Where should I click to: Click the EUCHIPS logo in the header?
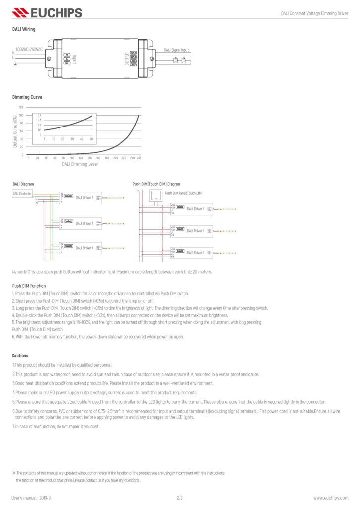47,12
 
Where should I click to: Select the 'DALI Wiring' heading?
24,29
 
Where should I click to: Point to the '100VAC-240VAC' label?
29,50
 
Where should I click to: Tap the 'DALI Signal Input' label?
177,50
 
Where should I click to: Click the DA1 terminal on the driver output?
133,53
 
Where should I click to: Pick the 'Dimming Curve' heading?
27,97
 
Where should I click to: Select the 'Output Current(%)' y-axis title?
15,131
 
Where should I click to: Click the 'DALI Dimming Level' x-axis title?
79,163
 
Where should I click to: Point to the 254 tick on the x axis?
139,158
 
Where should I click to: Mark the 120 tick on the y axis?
21,107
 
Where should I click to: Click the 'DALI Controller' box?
22,193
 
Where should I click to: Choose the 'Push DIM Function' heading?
29,286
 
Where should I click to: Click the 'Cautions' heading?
20,355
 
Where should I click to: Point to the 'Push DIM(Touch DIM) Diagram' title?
157,184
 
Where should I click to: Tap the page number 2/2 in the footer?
180,497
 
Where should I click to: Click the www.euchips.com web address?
330,497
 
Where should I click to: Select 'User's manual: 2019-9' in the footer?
31,497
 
